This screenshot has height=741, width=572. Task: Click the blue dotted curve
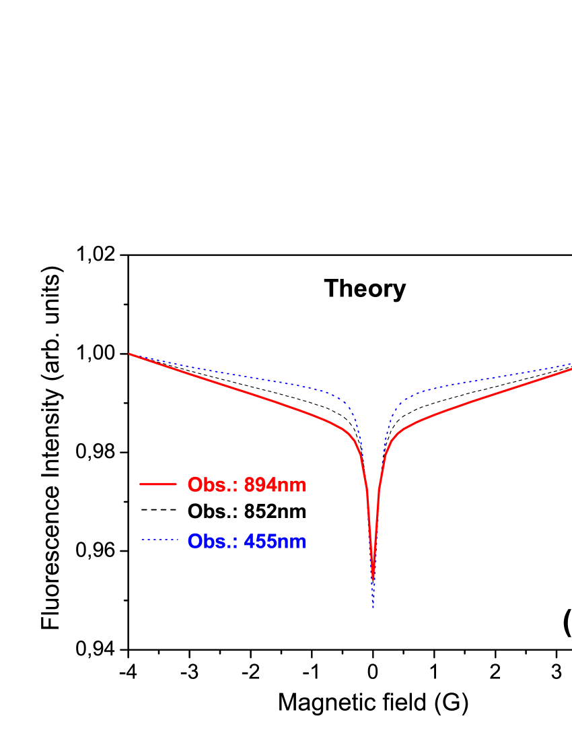236,375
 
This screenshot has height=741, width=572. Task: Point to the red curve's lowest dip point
373,578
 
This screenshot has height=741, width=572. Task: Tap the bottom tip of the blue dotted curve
373,608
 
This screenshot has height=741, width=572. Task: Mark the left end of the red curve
130,354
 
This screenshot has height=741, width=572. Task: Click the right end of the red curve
570,369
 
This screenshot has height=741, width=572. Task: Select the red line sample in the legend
158,484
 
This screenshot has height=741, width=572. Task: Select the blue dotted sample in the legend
159,540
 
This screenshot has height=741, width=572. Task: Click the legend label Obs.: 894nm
246,485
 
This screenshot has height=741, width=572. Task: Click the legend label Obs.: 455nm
246,541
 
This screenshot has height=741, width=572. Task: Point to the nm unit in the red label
291,486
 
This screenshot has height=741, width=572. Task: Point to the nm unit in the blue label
291,542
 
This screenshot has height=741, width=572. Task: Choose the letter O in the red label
195,485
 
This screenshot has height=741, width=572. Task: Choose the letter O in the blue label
195,541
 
